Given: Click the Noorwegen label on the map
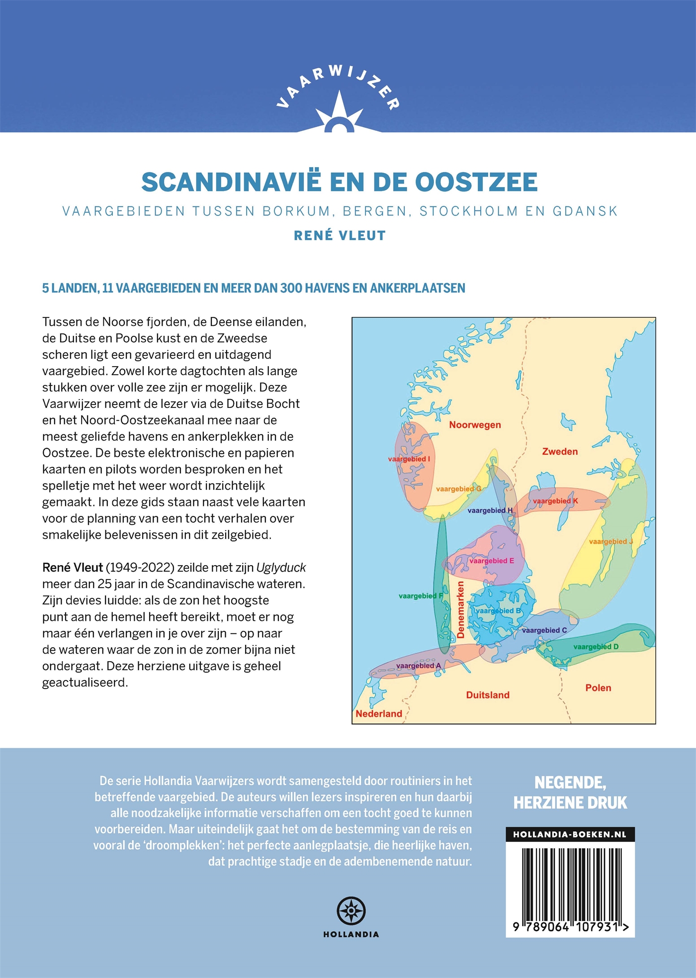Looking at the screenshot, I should pyautogui.click(x=475, y=425).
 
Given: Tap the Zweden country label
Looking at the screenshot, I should pyautogui.click(x=560, y=452).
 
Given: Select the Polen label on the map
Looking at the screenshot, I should pyautogui.click(x=598, y=688).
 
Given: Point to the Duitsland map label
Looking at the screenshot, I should pyautogui.click(x=488, y=695).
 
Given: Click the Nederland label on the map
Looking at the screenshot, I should pyautogui.click(x=379, y=714).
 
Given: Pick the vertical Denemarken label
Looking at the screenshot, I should pyautogui.click(x=460, y=609).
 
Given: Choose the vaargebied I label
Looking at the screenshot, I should pyautogui.click(x=409, y=459).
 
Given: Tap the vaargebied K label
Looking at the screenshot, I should pyautogui.click(x=555, y=501).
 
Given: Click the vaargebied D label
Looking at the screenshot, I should pyautogui.click(x=596, y=647).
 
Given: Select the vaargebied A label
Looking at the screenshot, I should pyautogui.click(x=418, y=666).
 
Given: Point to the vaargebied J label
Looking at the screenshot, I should pyautogui.click(x=610, y=542).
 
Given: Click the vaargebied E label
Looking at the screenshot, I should pyautogui.click(x=492, y=561).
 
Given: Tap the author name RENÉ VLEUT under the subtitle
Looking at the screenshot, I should pyautogui.click(x=340, y=236).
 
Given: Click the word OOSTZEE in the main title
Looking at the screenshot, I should pyautogui.click(x=476, y=182).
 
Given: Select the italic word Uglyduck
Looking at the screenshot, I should pyautogui.click(x=281, y=568).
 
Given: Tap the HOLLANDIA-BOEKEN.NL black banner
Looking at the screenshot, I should pyautogui.click(x=570, y=834).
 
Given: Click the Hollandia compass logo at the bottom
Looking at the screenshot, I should pyautogui.click(x=351, y=911).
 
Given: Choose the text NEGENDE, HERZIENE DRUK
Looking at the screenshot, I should pyautogui.click(x=570, y=792).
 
